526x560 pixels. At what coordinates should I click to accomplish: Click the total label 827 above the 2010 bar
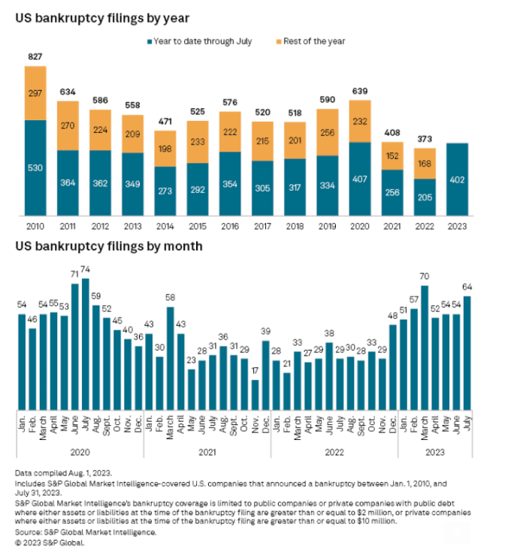tap(35, 56)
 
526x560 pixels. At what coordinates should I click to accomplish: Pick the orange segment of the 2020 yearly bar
tap(360, 122)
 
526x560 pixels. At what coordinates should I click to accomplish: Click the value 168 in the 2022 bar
tap(425, 164)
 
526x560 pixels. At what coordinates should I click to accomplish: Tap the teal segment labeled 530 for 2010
tap(35, 168)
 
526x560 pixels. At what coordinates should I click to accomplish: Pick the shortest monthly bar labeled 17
tap(255, 395)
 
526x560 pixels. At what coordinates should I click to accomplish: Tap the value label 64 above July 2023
tap(467, 288)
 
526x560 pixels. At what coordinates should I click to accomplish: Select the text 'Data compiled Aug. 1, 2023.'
tap(62, 474)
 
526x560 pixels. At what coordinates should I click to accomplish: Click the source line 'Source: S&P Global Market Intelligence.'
tap(86, 532)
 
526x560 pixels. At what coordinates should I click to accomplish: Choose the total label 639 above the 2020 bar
tap(360, 92)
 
